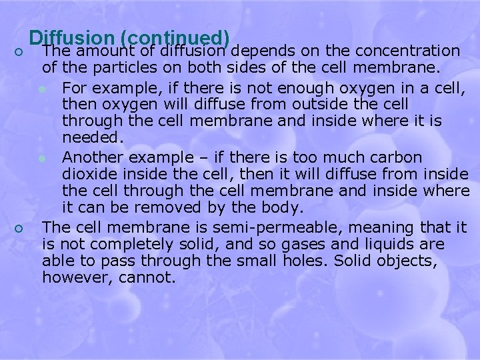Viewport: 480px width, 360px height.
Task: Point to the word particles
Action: click(x=117, y=68)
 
